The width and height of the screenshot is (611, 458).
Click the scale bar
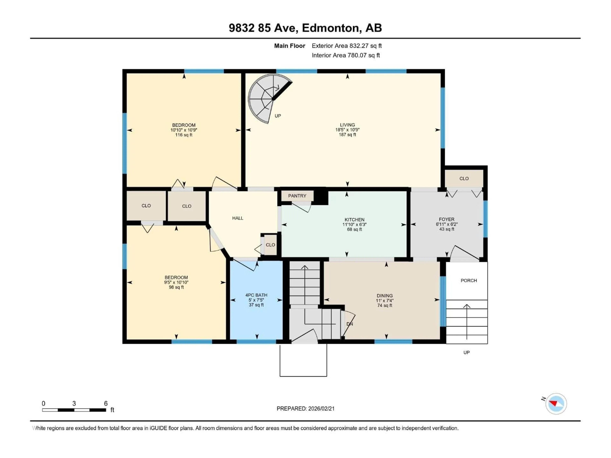[x=74, y=410]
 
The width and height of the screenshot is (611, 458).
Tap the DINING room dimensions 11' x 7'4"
[x=384, y=300]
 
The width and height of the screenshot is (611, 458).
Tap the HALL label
[x=238, y=218]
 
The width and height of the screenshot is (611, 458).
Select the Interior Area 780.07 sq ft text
[x=346, y=55]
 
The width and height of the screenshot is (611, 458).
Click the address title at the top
[x=305, y=28]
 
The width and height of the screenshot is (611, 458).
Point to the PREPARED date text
[x=305, y=409]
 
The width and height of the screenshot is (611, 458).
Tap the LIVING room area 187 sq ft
[x=347, y=135]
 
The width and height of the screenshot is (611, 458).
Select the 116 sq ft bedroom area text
[x=184, y=135]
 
